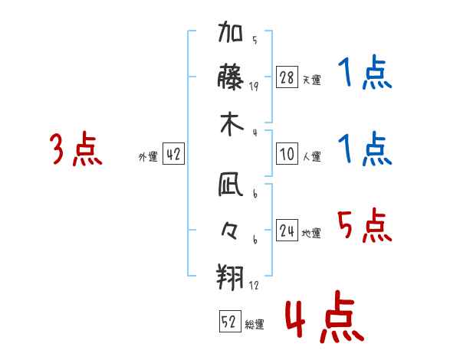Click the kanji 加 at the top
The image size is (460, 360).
232,35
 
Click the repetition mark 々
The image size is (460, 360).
232,230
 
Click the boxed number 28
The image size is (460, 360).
287,77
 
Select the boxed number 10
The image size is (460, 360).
287,154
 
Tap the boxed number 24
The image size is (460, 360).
287,231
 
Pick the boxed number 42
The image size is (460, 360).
173,154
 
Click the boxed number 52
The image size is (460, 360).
228,322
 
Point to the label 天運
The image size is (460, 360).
311,80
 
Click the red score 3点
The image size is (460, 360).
75,149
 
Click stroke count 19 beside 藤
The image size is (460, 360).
254,87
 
